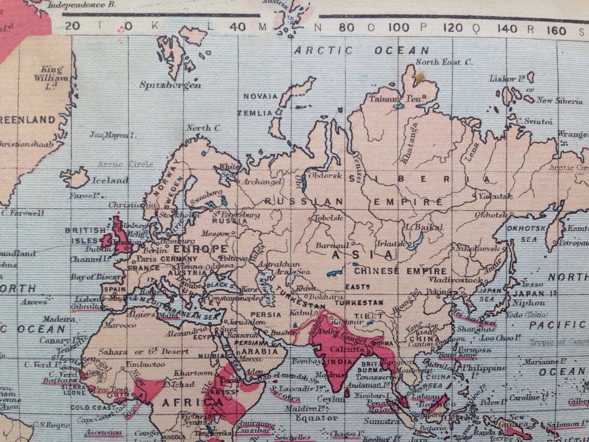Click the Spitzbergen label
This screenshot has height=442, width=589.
(x=170, y=85)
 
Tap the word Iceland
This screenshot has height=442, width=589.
(x=109, y=181)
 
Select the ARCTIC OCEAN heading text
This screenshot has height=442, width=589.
(x=361, y=50)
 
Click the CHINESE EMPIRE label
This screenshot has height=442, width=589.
(x=400, y=271)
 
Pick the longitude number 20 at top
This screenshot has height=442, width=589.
(x=73, y=26)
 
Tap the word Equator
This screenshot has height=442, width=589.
(x=316, y=418)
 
